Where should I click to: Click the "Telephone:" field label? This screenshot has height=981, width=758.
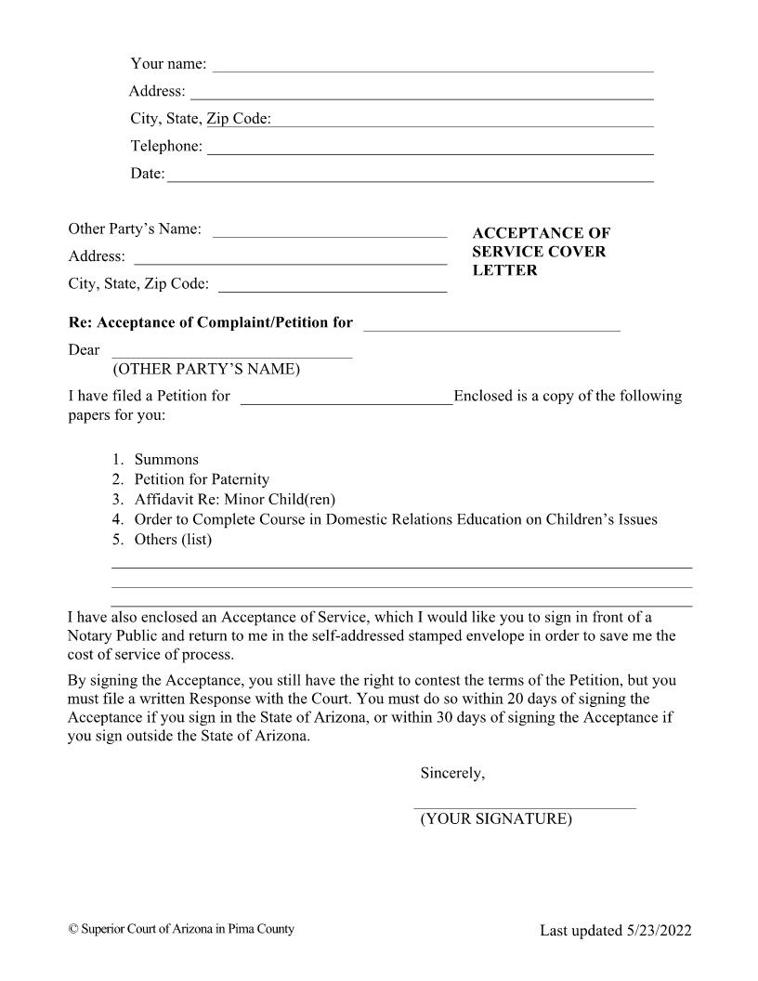tap(166, 146)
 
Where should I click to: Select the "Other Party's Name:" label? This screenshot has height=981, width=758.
tap(135, 229)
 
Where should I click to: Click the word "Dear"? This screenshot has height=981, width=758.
tap(84, 350)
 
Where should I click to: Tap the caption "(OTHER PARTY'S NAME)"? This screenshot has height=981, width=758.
tap(206, 370)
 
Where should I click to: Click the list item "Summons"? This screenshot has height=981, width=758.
tap(166, 460)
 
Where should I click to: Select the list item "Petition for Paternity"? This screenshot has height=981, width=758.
tap(202, 479)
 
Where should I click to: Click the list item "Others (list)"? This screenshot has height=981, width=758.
tap(173, 539)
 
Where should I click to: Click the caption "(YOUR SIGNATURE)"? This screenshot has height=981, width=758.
tap(496, 819)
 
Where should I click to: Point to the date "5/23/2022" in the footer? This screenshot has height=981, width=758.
tap(659, 931)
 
